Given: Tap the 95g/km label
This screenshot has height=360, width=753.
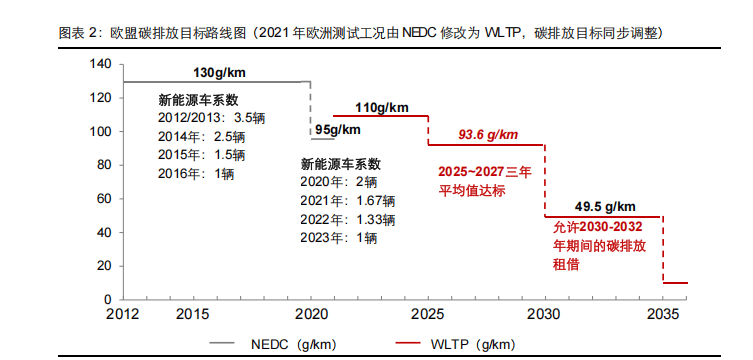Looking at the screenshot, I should click(x=338, y=130).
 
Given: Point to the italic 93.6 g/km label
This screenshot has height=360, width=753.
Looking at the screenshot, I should click(x=488, y=135).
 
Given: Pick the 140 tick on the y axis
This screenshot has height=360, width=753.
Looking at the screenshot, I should click(x=99, y=64).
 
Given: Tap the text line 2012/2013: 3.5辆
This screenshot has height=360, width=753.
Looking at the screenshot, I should click(x=211, y=118).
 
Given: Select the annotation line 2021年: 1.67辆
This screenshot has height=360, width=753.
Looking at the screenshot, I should click(x=347, y=201).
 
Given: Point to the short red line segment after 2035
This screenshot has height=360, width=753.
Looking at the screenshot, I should click(x=676, y=283).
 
